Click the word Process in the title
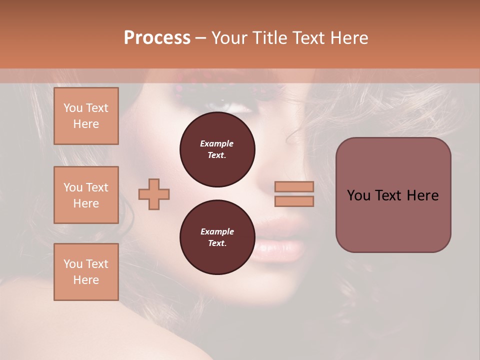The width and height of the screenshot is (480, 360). click(x=157, y=37)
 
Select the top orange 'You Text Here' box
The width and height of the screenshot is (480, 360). click(x=86, y=116)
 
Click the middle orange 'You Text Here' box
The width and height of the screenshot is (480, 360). click(x=86, y=195)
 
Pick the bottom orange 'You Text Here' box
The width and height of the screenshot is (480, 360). click(x=86, y=272)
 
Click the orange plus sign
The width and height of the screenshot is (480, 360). click(x=153, y=194)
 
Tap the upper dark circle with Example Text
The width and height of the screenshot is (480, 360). click(x=217, y=149)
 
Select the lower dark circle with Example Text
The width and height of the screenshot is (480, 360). click(x=217, y=237)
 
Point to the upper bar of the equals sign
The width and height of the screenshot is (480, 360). click(x=294, y=186)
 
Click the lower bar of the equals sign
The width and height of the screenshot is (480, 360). click(x=294, y=201)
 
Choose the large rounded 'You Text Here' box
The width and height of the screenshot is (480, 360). click(x=393, y=195)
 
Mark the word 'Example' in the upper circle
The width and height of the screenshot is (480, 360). click(x=217, y=143)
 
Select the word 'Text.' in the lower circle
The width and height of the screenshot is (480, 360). click(x=217, y=243)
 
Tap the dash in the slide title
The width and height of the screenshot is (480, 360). click(x=200, y=38)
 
